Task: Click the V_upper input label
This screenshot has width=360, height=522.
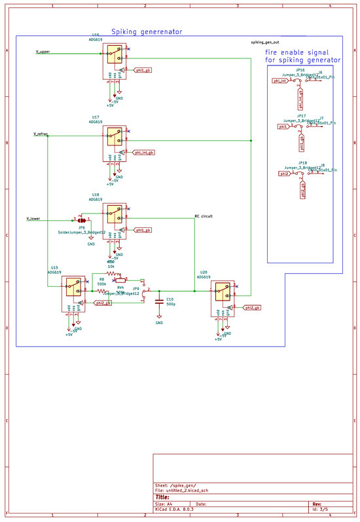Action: coord(43,52)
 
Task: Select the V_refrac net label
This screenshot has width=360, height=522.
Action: coord(41,134)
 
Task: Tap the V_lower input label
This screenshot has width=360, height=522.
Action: coord(33,218)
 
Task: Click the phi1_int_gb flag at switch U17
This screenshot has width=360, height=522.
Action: coord(143,153)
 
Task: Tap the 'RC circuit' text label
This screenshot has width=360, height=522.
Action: coord(204,215)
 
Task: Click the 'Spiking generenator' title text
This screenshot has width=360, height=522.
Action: coord(146,31)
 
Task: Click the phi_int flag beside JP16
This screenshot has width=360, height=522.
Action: coord(279,83)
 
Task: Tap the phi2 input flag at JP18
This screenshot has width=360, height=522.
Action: coord(283,174)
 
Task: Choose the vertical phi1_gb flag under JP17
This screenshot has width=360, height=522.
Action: coord(302,141)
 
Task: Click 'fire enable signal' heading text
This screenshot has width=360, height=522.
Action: coord(297,52)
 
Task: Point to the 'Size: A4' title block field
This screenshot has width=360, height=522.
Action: coord(166,504)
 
